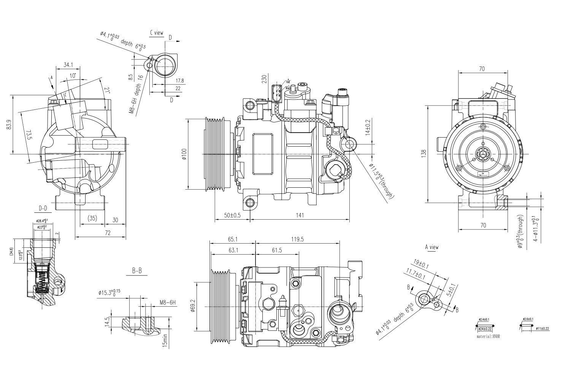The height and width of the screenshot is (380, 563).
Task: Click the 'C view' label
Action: click(x=157, y=33)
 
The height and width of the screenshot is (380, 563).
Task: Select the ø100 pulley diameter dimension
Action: click(x=184, y=154)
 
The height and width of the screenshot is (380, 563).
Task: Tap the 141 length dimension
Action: click(x=300, y=215)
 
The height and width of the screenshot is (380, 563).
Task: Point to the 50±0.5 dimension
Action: click(x=232, y=215)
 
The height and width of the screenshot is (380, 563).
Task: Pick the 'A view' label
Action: click(x=431, y=247)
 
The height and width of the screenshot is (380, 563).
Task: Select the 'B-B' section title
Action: click(x=137, y=271)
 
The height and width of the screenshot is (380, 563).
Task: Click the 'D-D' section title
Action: click(x=43, y=208)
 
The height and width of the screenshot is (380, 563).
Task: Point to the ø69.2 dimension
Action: click(x=192, y=306)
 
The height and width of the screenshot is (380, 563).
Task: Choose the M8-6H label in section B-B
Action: click(x=168, y=302)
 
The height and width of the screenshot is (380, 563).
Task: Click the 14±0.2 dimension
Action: click(x=367, y=128)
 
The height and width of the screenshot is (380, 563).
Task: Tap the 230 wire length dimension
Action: click(x=263, y=79)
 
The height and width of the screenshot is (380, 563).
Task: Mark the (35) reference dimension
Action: click(x=92, y=218)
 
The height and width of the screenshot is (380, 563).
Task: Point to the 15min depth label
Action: click(x=165, y=340)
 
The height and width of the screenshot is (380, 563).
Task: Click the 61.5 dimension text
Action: click(x=277, y=250)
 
